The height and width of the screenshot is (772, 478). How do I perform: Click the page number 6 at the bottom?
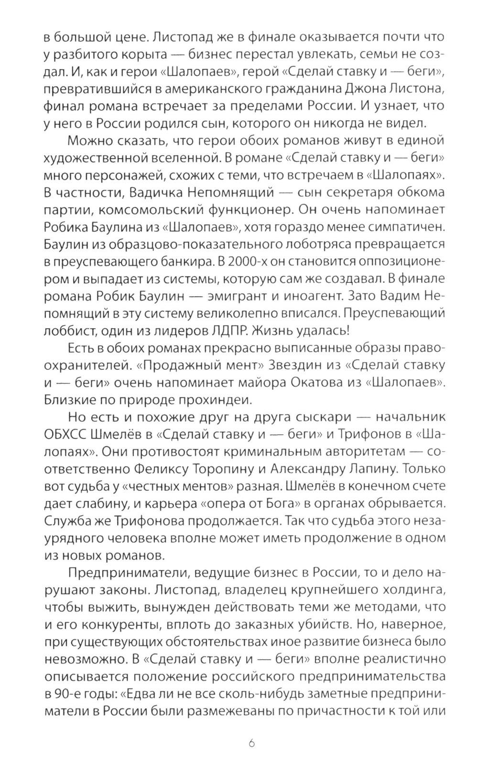252,743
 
